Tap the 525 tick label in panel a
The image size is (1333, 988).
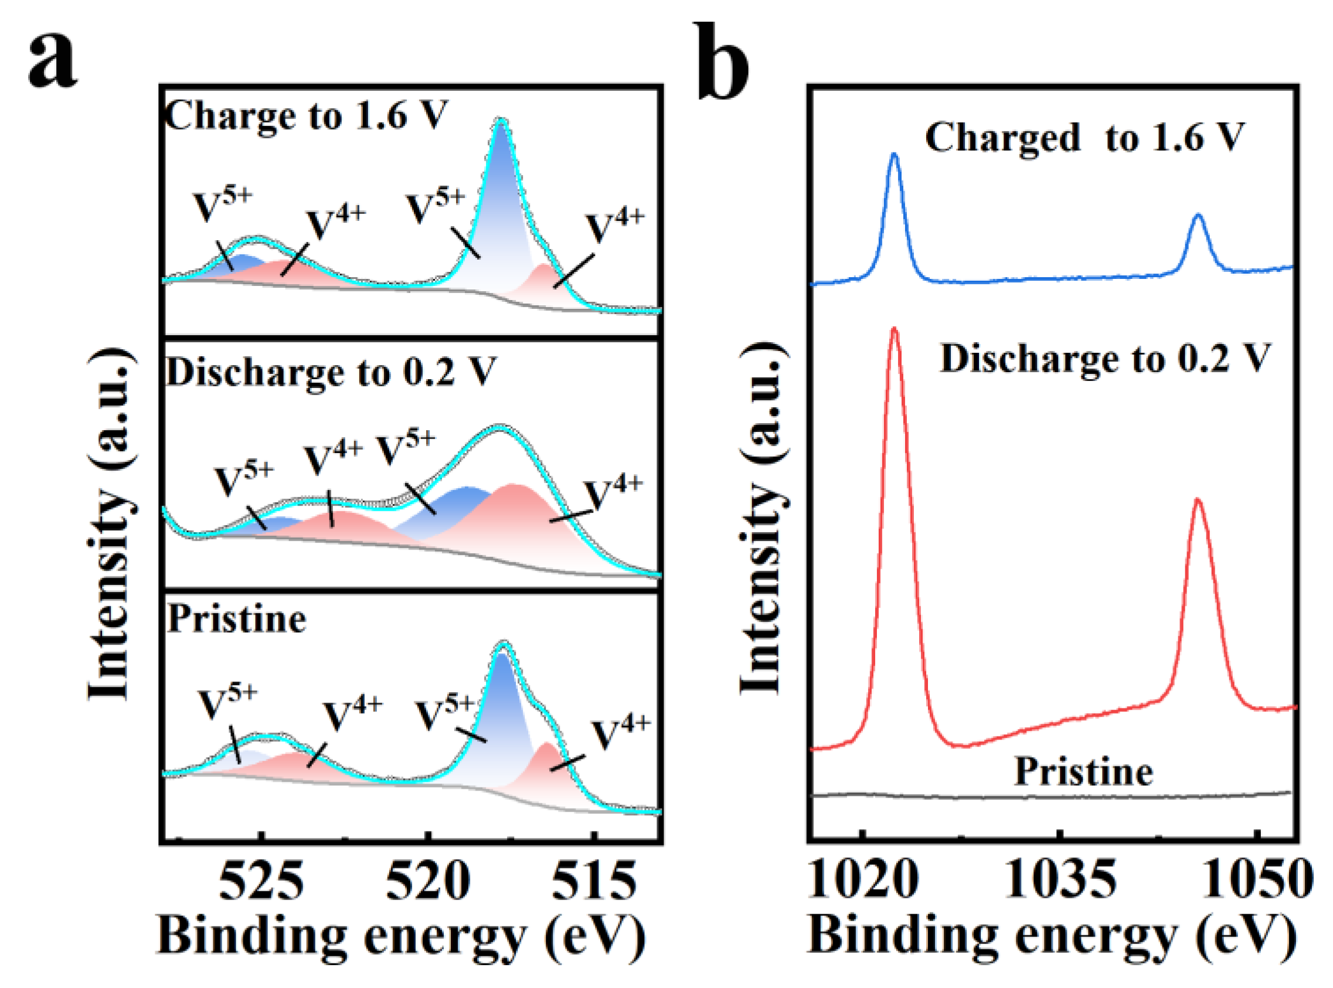tap(261, 882)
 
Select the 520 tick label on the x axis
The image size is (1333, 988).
tap(428, 882)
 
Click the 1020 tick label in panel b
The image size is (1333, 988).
tap(862, 879)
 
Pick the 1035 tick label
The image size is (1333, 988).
tap(1061, 879)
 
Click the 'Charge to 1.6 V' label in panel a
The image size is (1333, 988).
tap(307, 115)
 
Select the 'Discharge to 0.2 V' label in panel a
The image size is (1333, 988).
tap(331, 372)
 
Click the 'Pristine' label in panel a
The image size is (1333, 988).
tap(237, 619)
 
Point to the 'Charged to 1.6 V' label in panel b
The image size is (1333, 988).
tap(1084, 138)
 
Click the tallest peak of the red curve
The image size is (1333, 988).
tap(895, 328)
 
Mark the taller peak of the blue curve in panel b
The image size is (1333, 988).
tap(895, 154)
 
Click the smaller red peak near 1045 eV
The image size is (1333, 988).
tap(1198, 499)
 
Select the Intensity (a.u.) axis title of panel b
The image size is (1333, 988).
tap(763, 520)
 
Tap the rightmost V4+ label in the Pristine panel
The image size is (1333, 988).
tap(620, 733)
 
